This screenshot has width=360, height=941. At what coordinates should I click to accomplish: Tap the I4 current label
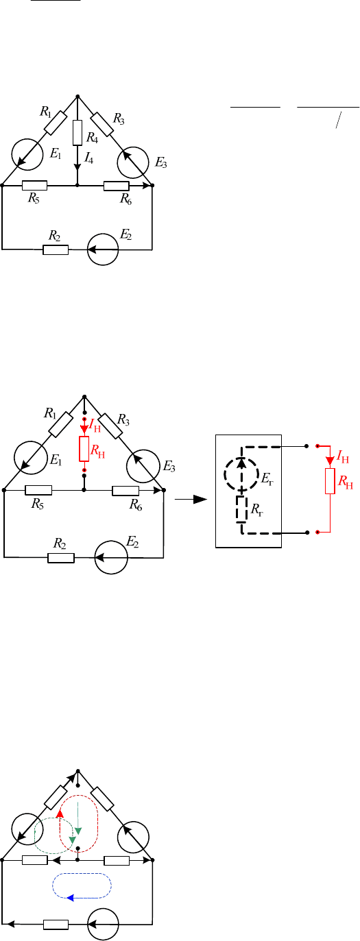coord(88,158)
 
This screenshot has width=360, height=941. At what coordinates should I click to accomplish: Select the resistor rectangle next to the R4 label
coord(77,133)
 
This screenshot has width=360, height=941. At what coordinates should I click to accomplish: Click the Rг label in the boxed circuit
coord(257,510)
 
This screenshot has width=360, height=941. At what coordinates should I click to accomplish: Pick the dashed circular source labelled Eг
coord(241,474)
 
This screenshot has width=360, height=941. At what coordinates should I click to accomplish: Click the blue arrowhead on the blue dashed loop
coord(71,898)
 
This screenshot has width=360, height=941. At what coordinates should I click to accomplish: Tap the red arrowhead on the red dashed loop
coord(60,814)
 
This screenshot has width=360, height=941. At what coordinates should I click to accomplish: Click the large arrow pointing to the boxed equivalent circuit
coord(191,500)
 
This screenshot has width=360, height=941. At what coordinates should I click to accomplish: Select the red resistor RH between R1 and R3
coord(84,449)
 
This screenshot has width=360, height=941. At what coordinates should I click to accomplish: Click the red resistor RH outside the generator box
coord(330,481)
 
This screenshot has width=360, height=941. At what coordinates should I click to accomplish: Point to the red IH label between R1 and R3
coord(95,428)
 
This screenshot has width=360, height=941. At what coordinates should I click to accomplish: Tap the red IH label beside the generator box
coord(343,457)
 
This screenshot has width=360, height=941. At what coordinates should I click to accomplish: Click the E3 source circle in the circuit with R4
coord(133,163)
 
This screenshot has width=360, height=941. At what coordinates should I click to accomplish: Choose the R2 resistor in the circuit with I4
coord(56,250)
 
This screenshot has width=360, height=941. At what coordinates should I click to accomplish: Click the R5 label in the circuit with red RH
coord(38,504)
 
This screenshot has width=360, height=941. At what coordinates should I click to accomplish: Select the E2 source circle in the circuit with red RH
coord(111,558)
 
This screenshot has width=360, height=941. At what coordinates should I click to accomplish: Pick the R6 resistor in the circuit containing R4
coord(117,186)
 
